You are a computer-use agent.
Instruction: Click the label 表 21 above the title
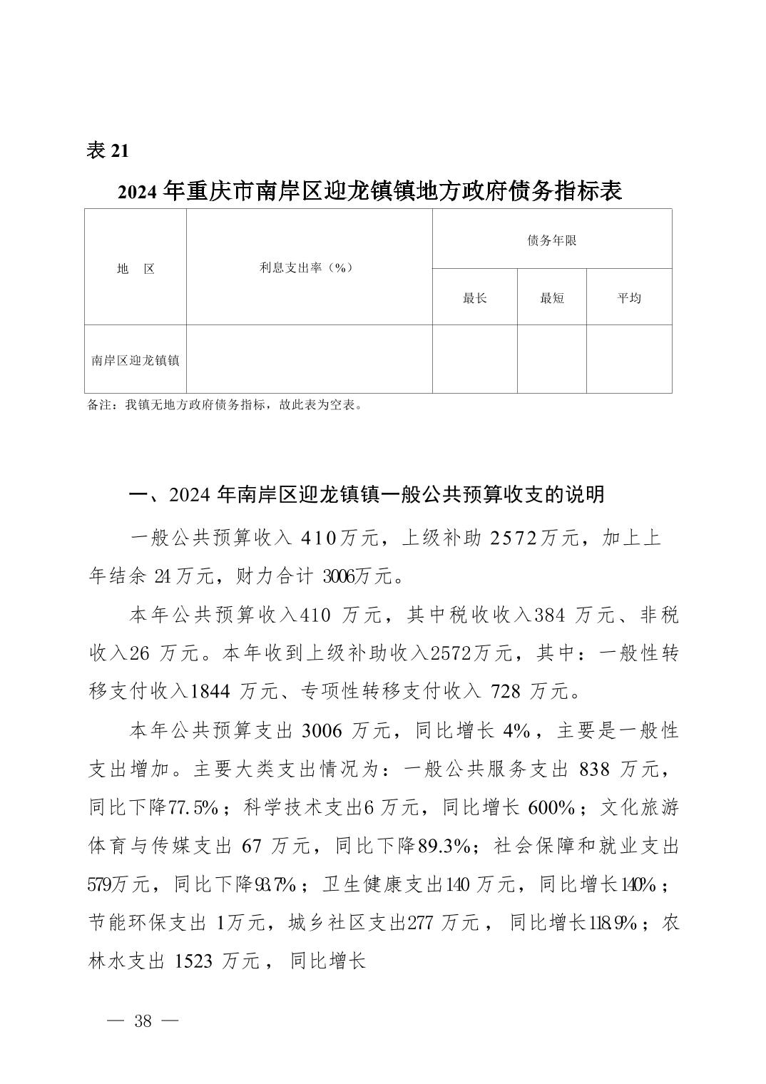pyautogui.click(x=108, y=150)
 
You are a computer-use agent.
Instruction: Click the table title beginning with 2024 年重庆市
pyautogui.click(x=370, y=191)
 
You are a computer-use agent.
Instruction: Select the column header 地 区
pyautogui.click(x=136, y=269)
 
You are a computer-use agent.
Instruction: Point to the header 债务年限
pyautogui.click(x=551, y=240)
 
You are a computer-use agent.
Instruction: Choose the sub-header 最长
pyautogui.click(x=474, y=298)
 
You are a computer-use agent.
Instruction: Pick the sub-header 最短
pyautogui.click(x=551, y=298)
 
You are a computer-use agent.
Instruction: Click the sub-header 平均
pyautogui.click(x=628, y=298)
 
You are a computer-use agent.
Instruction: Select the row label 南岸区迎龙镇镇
pyautogui.click(x=136, y=360)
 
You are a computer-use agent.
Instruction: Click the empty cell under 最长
pyautogui.click(x=474, y=359)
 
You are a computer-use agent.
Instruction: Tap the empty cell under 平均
pyautogui.click(x=628, y=359)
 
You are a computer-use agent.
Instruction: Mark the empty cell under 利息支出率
pyautogui.click(x=309, y=359)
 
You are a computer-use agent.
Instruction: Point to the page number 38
pyautogui.click(x=143, y=1021)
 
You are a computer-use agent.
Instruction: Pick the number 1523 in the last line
pyautogui.click(x=193, y=961)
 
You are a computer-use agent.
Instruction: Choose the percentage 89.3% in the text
pyautogui.click(x=443, y=847)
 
